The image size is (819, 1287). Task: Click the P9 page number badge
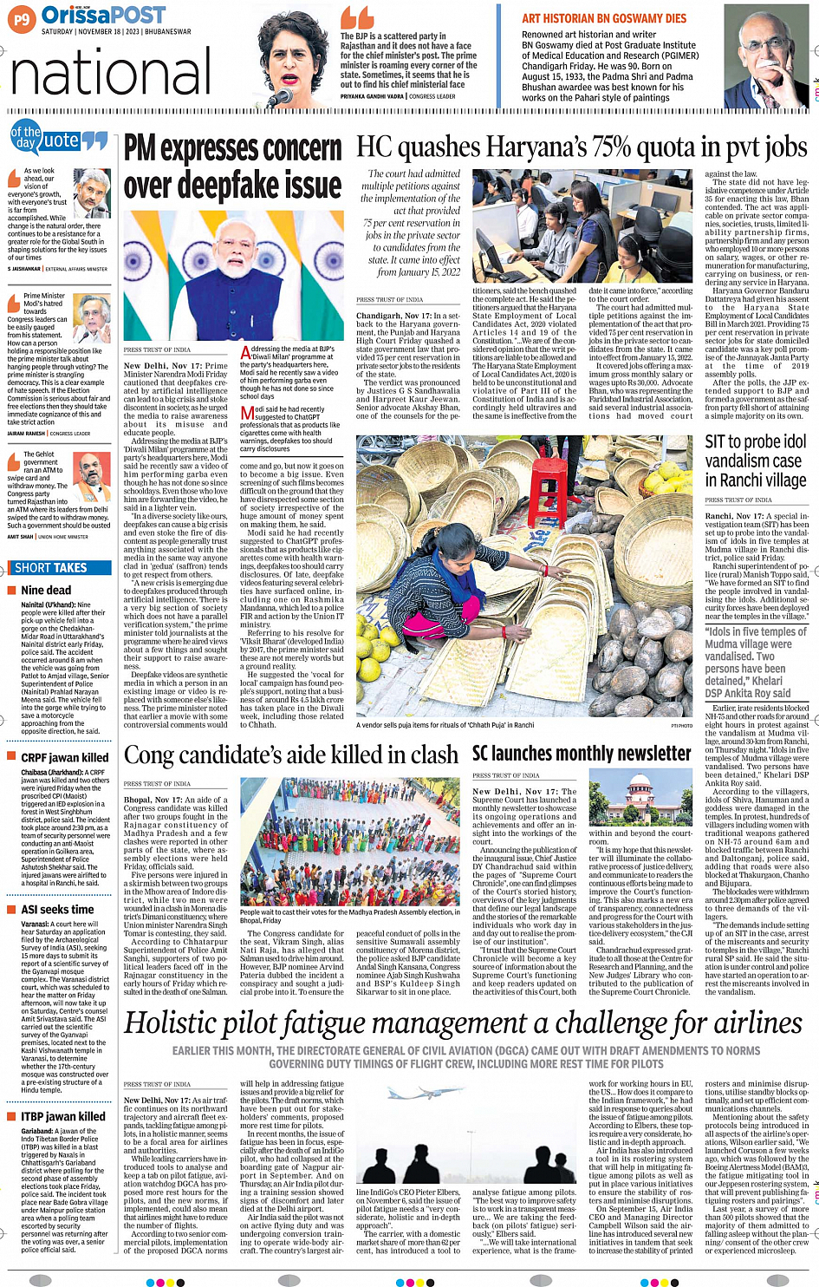[23, 18]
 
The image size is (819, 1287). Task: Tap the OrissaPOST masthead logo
[103, 15]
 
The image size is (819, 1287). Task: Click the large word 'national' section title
[111, 73]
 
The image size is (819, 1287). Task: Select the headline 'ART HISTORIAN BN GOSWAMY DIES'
[603, 18]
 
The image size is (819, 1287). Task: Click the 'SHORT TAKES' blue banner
[51, 568]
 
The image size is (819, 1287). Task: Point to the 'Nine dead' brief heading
[46, 591]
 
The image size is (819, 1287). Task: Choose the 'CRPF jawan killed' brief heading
[65, 757]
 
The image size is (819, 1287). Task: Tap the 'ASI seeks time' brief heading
[57, 910]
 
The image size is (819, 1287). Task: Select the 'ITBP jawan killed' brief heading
[63, 1117]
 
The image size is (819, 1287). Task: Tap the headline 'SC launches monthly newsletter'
[582, 754]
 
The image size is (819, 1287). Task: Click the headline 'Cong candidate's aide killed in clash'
[291, 755]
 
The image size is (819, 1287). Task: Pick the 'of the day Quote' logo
[57, 138]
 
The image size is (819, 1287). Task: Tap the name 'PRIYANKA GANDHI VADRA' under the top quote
[373, 96]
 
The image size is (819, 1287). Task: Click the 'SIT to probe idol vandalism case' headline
[754, 461]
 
